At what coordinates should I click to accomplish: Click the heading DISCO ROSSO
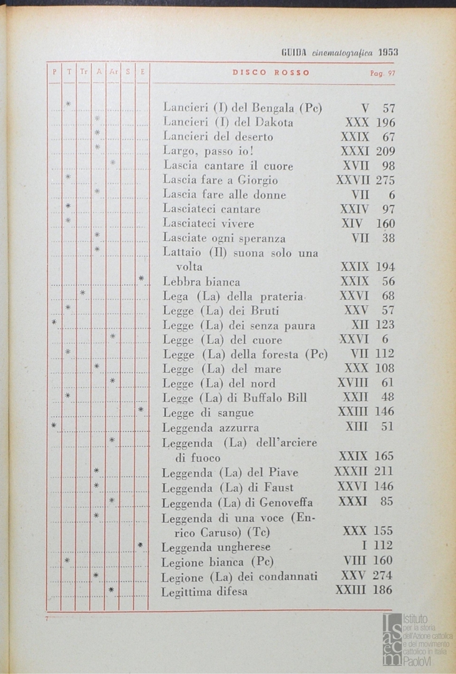tap(271, 72)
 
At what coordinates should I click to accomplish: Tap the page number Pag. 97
tap(382, 72)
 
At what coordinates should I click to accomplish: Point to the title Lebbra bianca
tap(201, 281)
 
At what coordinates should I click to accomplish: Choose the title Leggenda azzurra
tap(210, 427)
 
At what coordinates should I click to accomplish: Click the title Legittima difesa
tap(205, 591)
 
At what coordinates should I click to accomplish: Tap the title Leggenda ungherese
tap(216, 547)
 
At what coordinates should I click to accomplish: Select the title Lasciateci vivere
tap(208, 223)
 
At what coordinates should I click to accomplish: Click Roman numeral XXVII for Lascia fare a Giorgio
tap(353, 180)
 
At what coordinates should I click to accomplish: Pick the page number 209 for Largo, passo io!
tap(386, 151)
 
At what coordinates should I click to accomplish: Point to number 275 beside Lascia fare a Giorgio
tap(386, 180)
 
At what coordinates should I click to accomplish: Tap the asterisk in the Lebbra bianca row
tap(142, 278)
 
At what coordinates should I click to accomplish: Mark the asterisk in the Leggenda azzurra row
tap(54, 425)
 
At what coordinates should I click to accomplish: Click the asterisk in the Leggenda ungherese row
tap(142, 545)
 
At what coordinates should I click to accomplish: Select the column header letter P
tap(54, 72)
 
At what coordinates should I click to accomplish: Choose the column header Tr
tap(84, 72)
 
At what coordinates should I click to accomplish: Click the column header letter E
tap(142, 72)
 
